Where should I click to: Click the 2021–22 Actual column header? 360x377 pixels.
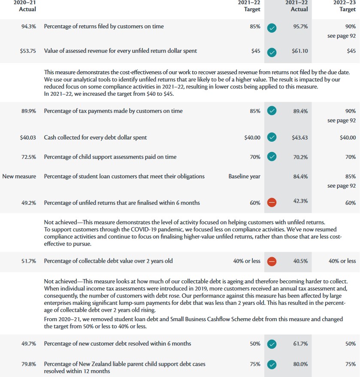point(296,6)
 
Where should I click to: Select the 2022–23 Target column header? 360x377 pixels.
point(345,6)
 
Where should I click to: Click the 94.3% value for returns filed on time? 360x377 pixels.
point(28,27)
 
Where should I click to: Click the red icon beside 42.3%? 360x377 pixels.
point(272,203)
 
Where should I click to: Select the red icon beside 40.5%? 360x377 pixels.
point(272,261)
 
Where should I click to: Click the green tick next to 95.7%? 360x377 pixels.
point(272,28)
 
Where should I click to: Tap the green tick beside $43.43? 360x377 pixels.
point(272,138)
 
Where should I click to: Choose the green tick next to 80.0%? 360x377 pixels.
point(272,364)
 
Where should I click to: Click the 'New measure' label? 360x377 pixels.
point(19,176)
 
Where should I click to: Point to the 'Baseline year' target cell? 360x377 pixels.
point(244,176)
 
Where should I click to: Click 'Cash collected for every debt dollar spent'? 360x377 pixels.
point(95,138)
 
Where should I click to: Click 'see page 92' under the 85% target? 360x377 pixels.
point(341,186)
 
